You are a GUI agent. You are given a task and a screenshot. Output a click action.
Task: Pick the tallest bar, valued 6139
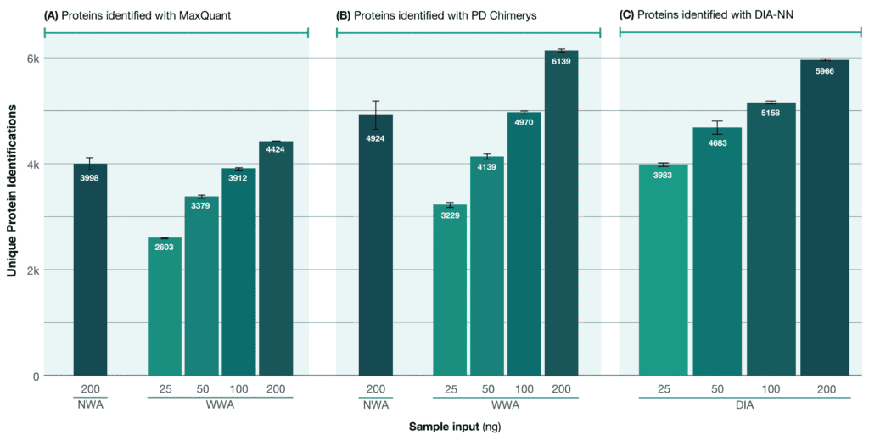(x=561, y=213)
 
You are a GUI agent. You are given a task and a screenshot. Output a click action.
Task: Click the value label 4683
(x=717, y=143)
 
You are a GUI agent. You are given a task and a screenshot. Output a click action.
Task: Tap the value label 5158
(x=771, y=112)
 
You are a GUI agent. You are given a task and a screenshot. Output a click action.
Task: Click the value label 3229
(x=450, y=216)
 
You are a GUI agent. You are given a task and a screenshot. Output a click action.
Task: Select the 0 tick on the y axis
(x=35, y=376)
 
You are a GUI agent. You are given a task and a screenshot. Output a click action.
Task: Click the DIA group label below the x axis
(x=743, y=404)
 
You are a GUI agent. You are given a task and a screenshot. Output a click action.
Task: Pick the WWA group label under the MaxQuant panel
(x=220, y=404)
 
